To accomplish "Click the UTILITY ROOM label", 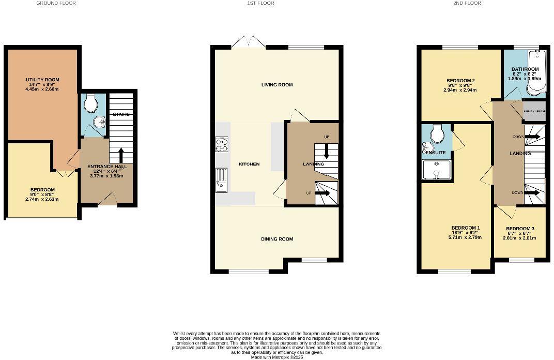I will (x=43, y=80).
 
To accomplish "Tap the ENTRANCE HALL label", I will (x=106, y=166).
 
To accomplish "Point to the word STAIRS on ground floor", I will (x=121, y=114).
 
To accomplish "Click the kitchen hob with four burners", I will (x=222, y=145).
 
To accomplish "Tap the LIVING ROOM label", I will (x=277, y=85).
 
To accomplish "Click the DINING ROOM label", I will (x=277, y=239).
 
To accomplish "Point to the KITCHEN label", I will (x=249, y=164).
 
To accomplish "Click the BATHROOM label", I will (x=525, y=69).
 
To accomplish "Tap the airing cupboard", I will (x=533, y=111).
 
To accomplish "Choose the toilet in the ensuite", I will (x=437, y=135).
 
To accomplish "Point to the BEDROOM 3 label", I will (x=520, y=229).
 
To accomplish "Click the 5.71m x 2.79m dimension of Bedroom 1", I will (x=466, y=238).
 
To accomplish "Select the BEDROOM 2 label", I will (x=460, y=81).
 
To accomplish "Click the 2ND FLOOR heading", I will (x=467, y=3).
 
